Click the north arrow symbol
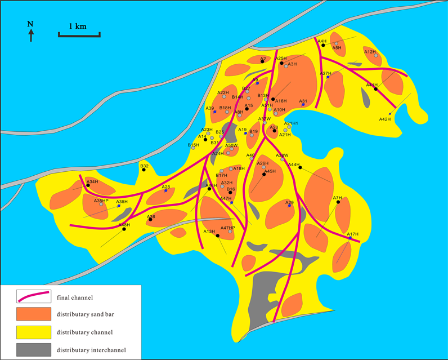[31, 34]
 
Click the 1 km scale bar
[79, 35]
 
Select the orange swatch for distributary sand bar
[34, 313]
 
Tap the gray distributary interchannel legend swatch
[34, 350]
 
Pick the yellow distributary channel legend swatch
[34, 331]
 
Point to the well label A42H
[384, 119]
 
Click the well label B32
[144, 166]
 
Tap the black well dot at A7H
[338, 202]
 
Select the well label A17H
[352, 234]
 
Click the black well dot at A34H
[88, 185]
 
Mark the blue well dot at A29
[289, 206]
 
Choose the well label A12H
[370, 52]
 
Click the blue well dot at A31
[303, 105]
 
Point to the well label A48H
[124, 225]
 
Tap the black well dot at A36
[150, 220]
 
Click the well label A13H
[209, 232]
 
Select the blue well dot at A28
[165, 191]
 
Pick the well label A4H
[322, 41]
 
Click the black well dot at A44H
[300, 167]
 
